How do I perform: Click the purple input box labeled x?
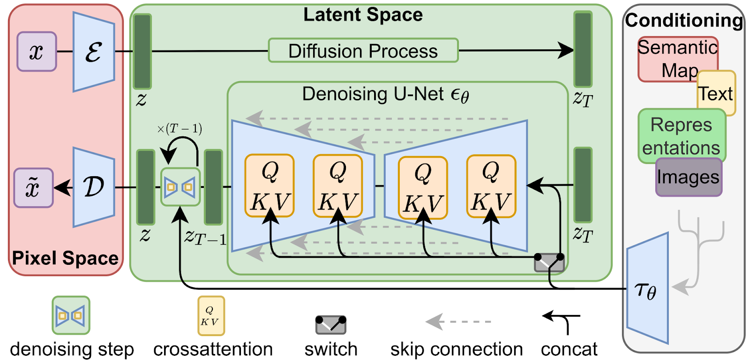[37, 52]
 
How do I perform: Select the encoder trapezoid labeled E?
[94, 52]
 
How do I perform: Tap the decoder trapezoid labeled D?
[94, 187]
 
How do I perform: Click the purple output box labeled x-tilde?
[33, 188]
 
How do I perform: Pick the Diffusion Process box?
[363, 51]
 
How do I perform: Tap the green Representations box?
[681, 136]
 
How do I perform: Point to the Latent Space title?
[363, 15]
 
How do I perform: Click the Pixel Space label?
[65, 258]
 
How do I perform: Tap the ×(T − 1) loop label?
[180, 128]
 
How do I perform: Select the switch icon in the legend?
[331, 324]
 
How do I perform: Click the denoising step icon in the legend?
[71, 315]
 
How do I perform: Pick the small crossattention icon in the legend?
[211, 316]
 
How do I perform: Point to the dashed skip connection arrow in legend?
[458, 322]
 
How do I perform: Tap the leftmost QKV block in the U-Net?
[270, 186]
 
